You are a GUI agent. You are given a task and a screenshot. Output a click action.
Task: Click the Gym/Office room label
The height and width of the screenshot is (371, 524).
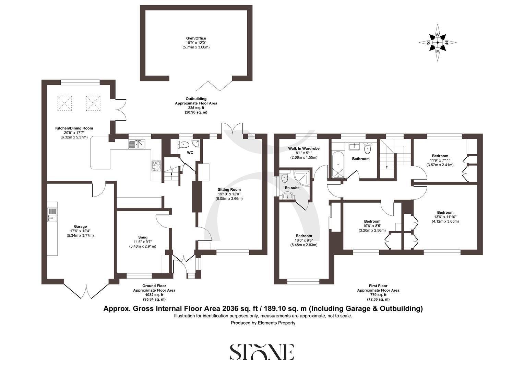196,38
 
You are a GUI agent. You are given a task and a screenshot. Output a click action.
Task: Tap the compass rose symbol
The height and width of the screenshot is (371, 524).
438,43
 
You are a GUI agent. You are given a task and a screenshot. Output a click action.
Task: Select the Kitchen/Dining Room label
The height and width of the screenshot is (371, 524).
74,128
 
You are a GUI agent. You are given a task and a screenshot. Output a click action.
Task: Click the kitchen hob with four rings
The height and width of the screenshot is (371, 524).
156,166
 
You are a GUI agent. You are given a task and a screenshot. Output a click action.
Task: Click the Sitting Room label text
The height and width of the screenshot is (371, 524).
229,190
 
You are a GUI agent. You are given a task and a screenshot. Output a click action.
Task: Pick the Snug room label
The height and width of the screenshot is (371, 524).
143,237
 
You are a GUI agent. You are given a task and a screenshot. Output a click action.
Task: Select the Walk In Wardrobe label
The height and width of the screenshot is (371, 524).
304,148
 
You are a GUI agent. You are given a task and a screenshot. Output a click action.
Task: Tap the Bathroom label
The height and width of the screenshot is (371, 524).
361,159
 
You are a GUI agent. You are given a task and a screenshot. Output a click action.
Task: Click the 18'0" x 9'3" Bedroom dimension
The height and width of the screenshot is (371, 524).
304,240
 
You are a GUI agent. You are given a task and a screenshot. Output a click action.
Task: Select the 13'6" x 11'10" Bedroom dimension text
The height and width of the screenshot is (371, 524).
445,217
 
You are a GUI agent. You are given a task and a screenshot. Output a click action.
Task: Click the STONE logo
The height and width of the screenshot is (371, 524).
262,352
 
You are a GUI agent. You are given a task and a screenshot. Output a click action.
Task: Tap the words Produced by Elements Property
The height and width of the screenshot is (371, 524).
263,323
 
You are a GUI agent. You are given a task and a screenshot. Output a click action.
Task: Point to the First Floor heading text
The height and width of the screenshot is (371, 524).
378,286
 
